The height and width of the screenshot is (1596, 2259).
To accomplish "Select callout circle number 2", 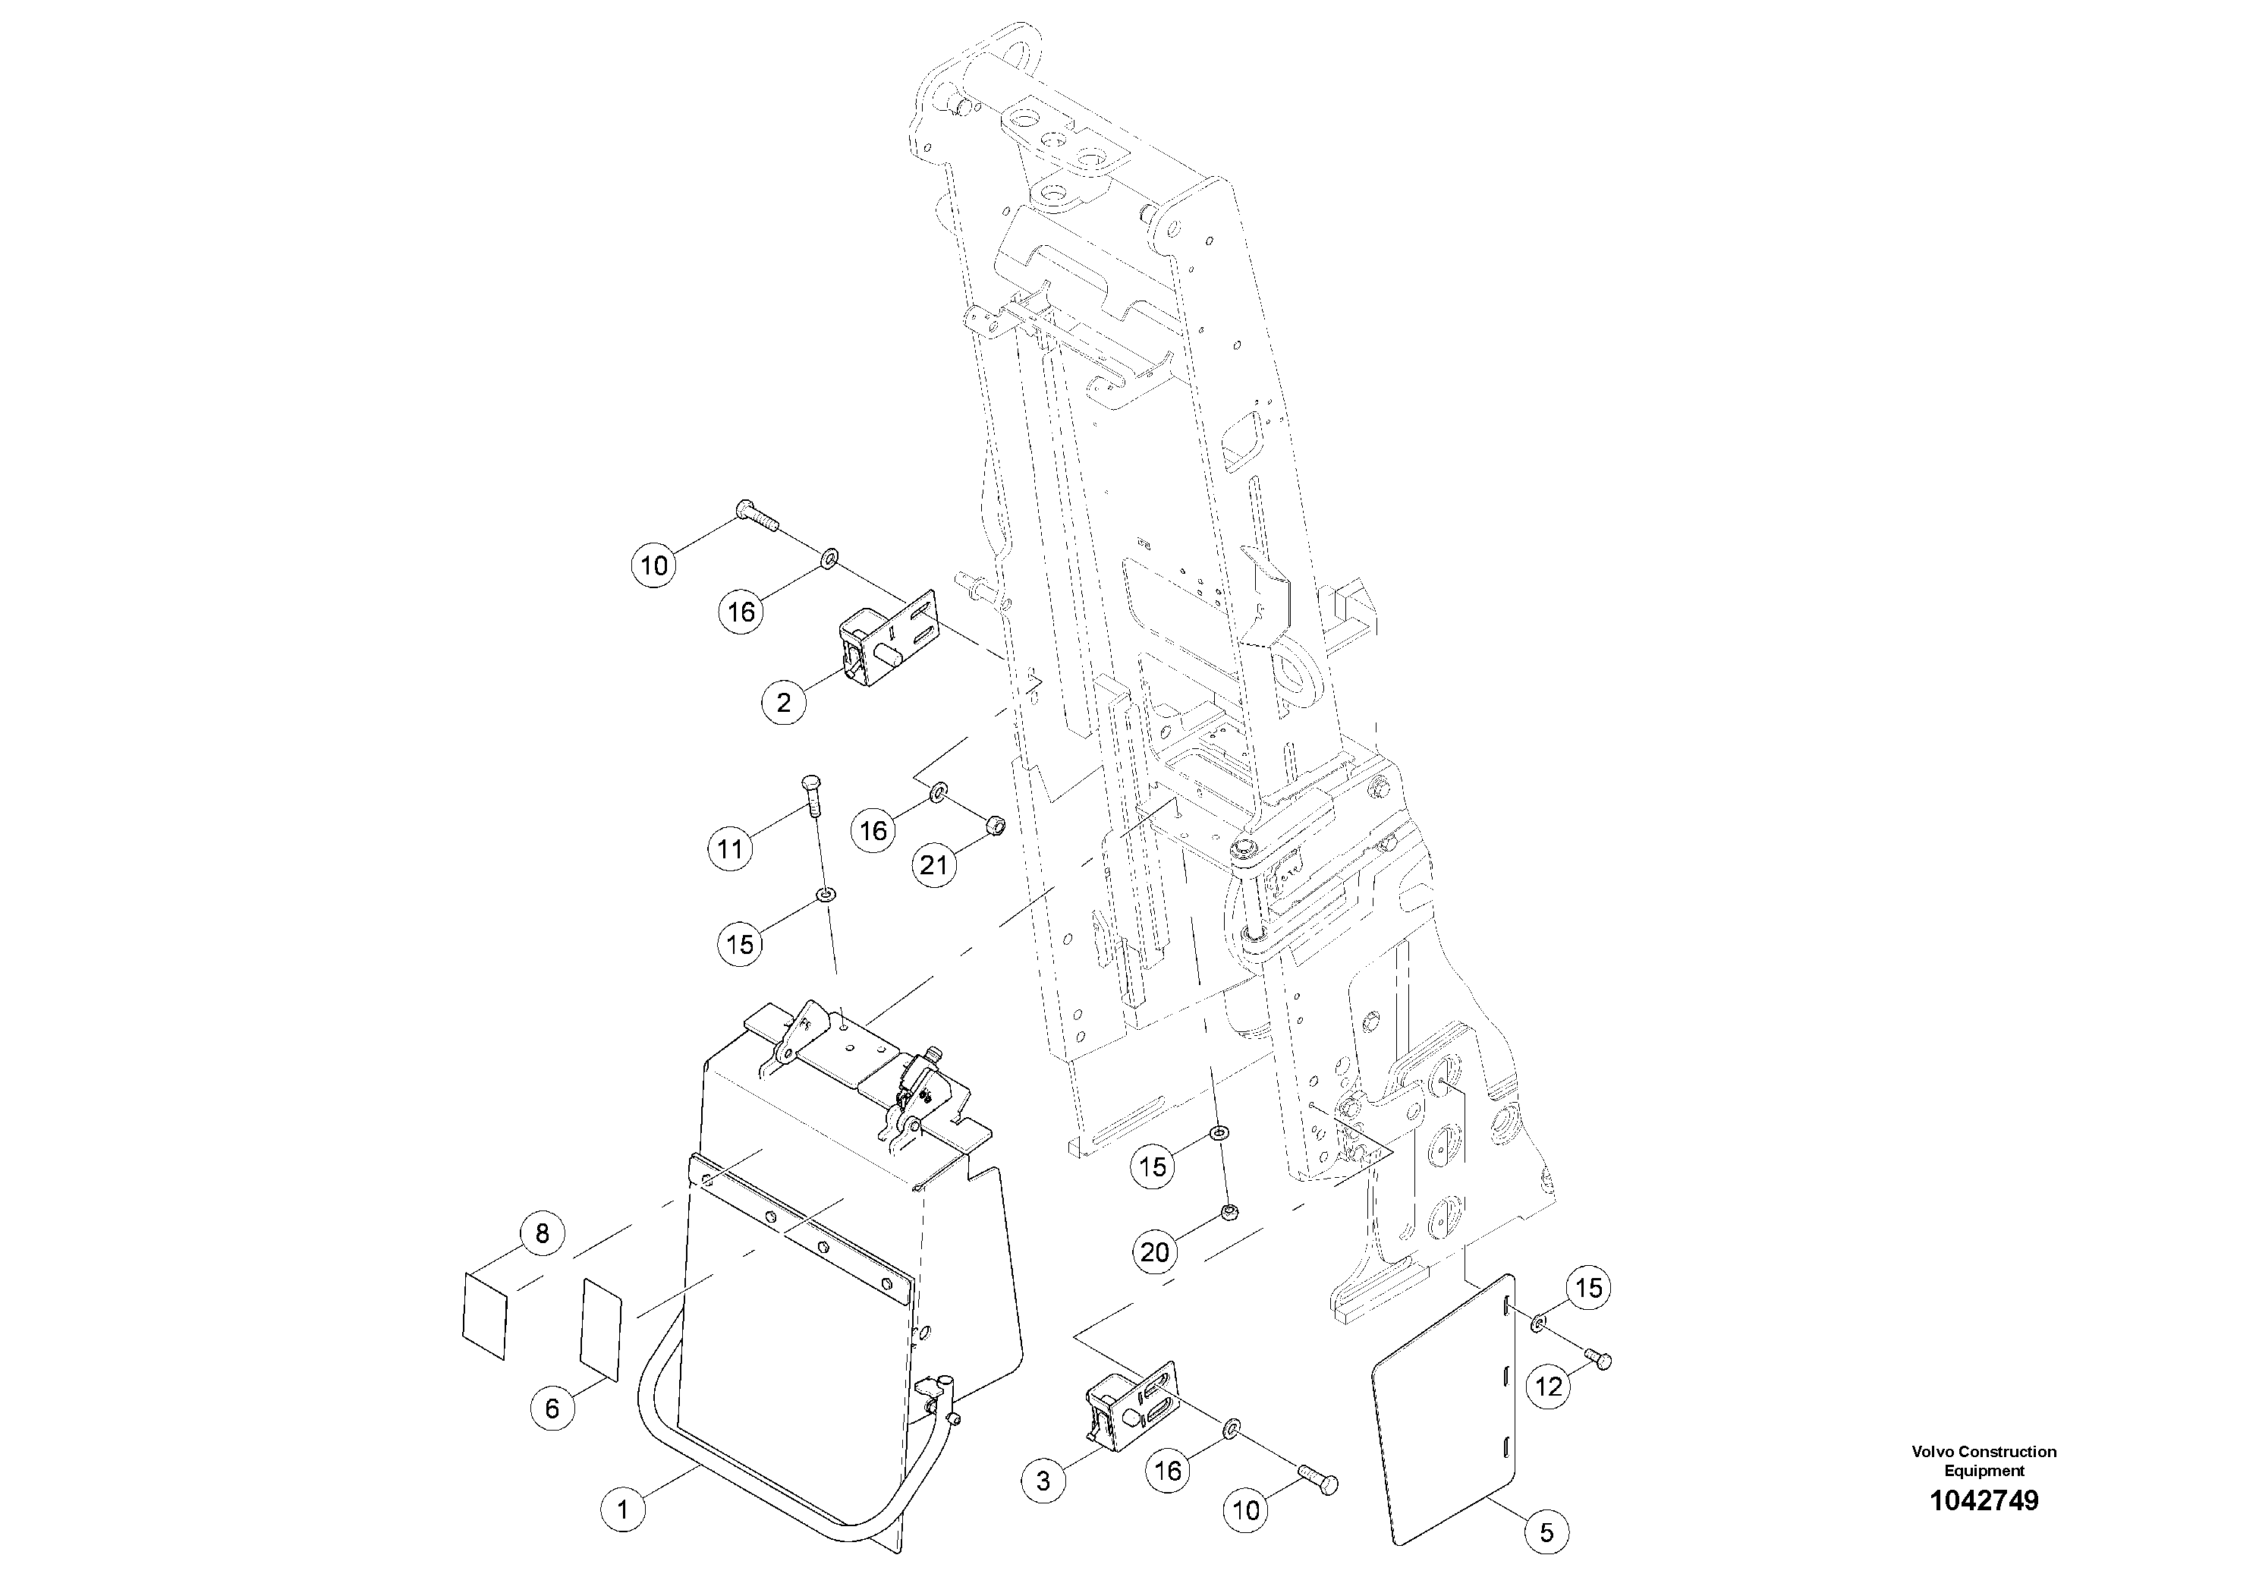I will click(783, 704).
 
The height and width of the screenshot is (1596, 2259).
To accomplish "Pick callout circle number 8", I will click(542, 1233).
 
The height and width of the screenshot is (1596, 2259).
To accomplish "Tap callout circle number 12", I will click(1549, 1387).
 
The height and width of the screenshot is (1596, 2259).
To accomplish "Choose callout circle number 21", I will click(933, 864).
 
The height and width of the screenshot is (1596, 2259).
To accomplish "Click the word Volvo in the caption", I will click(1933, 1451).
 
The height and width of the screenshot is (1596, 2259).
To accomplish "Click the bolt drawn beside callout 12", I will click(1597, 1361).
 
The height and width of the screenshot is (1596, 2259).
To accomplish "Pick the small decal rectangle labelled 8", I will click(485, 1314).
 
